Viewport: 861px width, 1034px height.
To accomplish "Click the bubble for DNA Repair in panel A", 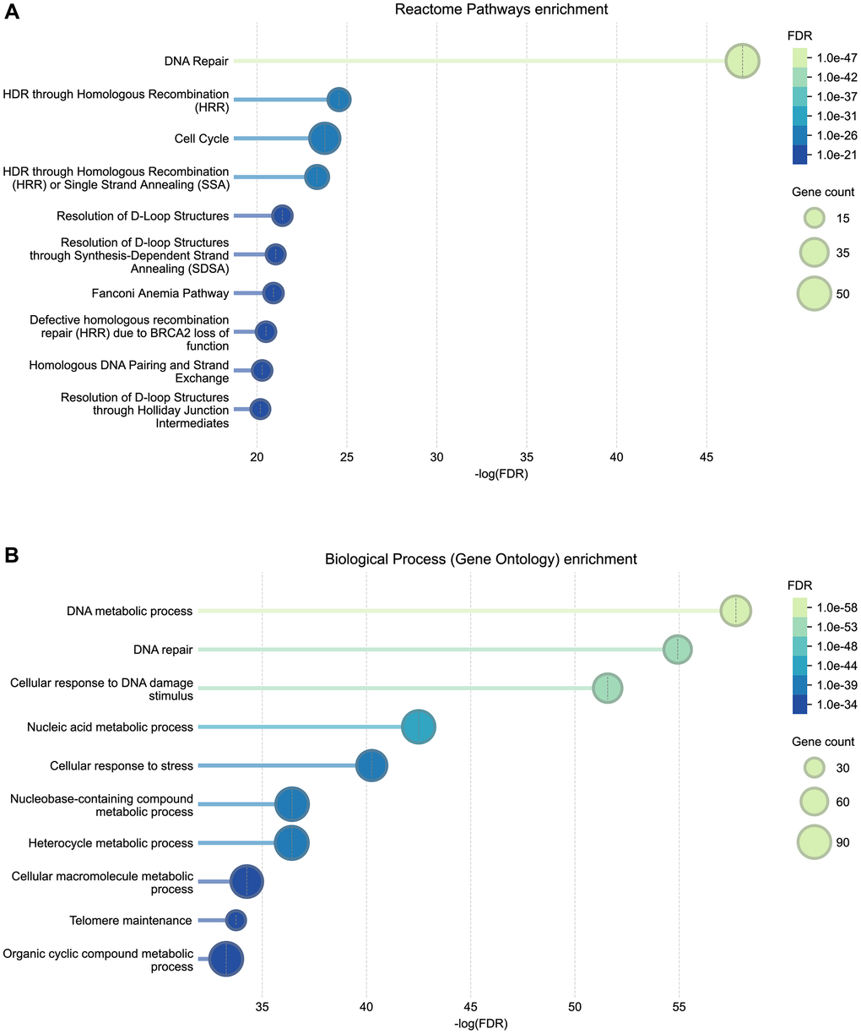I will pyautogui.click(x=742, y=62).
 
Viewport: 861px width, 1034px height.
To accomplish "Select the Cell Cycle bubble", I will pyautogui.click(x=325, y=139).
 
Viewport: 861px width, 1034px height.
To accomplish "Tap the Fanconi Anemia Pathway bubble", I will pyautogui.click(x=273, y=293).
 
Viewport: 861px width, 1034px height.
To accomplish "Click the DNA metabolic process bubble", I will pyautogui.click(x=735, y=611).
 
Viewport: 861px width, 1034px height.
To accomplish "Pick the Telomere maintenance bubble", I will pyautogui.click(x=236, y=920).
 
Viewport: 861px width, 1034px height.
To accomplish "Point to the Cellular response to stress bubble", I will pyautogui.click(x=372, y=766).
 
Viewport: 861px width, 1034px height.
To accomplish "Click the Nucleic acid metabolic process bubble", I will pyautogui.click(x=419, y=727).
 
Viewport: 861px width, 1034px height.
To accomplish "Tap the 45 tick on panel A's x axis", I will pyautogui.click(x=707, y=457).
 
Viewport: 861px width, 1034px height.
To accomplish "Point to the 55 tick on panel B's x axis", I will pyautogui.click(x=679, y=1008).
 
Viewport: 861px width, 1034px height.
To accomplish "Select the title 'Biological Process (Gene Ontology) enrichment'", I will pyautogui.click(x=481, y=559).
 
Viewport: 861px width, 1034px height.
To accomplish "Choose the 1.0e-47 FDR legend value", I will pyautogui.click(x=831, y=58).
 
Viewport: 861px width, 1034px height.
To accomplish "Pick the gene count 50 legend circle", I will pyautogui.click(x=815, y=294).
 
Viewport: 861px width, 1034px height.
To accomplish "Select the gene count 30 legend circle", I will pyautogui.click(x=814, y=768).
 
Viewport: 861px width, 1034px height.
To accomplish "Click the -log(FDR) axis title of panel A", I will pyautogui.click(x=501, y=475).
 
